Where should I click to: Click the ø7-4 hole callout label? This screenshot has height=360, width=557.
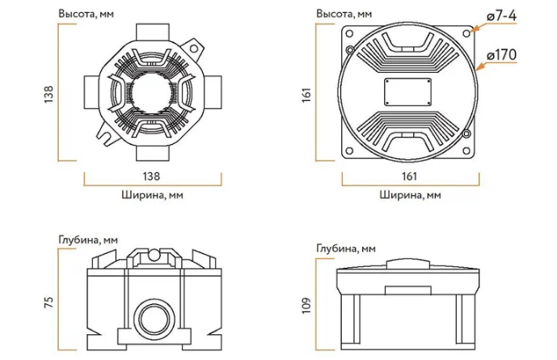pyautogui.click(x=502, y=16)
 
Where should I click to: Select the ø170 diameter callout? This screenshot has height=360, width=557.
pyautogui.click(x=501, y=55)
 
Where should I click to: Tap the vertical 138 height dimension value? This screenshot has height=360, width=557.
pyautogui.click(x=49, y=94)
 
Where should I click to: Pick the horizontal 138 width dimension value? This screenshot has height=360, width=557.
pyautogui.click(x=151, y=176)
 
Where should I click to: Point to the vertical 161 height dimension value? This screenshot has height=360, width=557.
pyautogui.click(x=306, y=95)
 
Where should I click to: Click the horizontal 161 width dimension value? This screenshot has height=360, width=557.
pyautogui.click(x=409, y=176)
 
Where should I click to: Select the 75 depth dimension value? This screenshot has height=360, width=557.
pyautogui.click(x=49, y=302)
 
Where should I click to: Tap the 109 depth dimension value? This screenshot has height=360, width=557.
pyautogui.click(x=306, y=306)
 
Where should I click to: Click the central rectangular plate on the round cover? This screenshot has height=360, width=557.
pyautogui.click(x=407, y=92)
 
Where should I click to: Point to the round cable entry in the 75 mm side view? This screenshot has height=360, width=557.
pyautogui.click(x=154, y=318)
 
